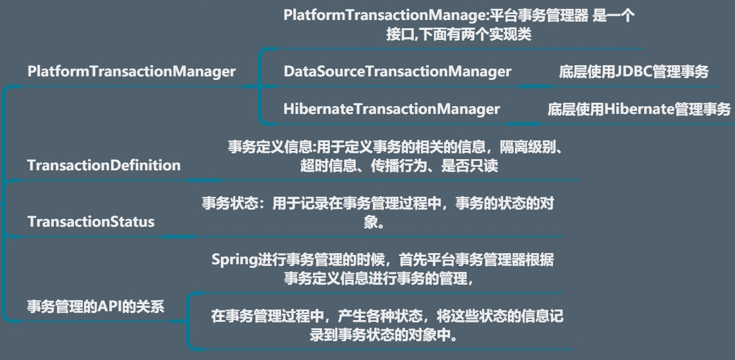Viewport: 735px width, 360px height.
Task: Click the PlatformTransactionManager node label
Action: click(132, 72)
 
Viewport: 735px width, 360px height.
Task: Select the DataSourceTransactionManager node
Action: click(397, 72)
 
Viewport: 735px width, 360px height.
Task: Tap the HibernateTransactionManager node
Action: click(392, 109)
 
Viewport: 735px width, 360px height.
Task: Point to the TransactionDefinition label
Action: click(104, 165)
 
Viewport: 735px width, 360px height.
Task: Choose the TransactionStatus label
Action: click(91, 221)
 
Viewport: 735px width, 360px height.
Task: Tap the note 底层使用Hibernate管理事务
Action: click(639, 109)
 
